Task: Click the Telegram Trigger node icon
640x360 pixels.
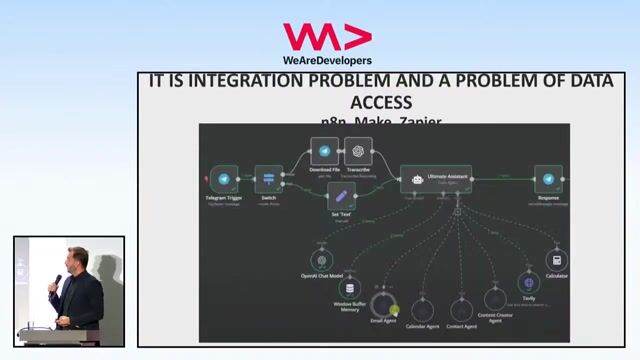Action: (224, 179)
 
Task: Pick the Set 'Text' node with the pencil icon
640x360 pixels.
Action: (342, 196)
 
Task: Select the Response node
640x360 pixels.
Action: (547, 179)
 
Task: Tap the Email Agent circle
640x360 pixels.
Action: (384, 304)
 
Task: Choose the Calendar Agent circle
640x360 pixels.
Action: (423, 310)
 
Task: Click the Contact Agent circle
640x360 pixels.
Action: (462, 310)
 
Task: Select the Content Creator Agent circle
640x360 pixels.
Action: (495, 299)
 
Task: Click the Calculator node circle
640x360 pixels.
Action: (557, 259)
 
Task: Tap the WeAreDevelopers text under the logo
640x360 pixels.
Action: (320, 60)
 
